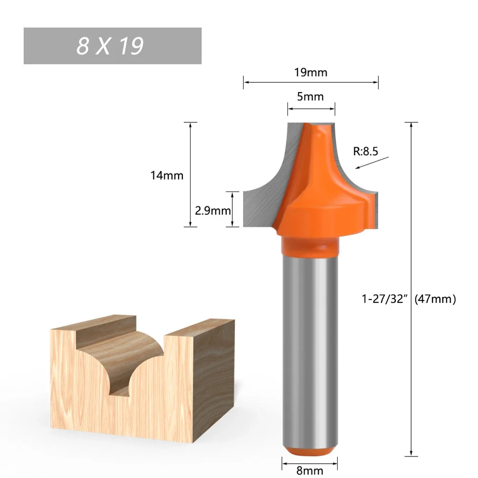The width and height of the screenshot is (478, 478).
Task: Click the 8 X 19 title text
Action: click(110, 46)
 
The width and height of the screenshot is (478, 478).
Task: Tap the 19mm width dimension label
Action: click(311, 73)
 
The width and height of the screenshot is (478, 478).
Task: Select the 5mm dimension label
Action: click(310, 96)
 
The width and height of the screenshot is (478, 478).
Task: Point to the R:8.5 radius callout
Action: click(366, 152)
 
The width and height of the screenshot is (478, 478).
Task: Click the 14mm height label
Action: click(167, 175)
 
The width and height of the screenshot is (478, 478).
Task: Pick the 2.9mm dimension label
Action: click(212, 210)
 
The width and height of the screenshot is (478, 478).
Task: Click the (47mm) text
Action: click(435, 299)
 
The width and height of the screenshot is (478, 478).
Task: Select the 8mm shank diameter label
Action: click(310, 470)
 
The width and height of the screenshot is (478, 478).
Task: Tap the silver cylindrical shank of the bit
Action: click(310, 344)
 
